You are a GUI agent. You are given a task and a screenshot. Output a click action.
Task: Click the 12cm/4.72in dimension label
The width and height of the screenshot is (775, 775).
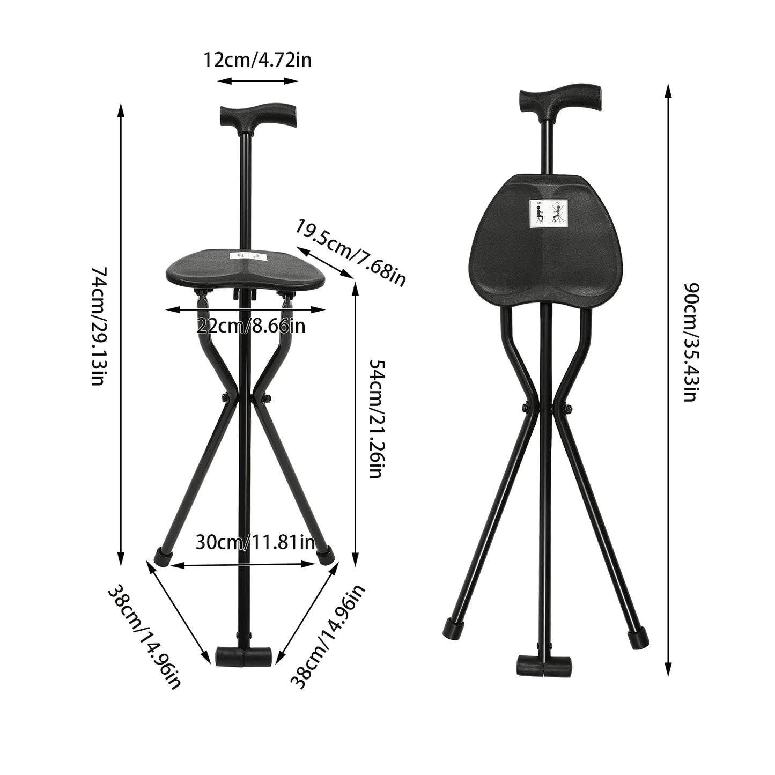point(257,60)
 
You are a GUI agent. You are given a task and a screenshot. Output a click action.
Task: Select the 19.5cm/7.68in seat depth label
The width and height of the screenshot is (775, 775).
point(350,252)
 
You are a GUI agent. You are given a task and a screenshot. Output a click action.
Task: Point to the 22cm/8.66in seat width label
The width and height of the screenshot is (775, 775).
point(250,326)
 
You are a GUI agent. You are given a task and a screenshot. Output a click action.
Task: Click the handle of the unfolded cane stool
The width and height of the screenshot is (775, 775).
point(257,114)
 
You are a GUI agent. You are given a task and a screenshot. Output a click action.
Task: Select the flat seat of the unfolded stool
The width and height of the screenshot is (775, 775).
point(246,268)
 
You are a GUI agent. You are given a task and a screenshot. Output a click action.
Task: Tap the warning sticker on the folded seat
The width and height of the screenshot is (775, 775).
point(547,212)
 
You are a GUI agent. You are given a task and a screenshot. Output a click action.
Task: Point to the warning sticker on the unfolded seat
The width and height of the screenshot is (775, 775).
point(246,256)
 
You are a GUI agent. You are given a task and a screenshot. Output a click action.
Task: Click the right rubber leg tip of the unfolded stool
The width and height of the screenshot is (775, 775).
point(326,556)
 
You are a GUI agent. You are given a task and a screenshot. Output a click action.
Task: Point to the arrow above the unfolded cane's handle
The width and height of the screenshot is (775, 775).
point(257,81)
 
